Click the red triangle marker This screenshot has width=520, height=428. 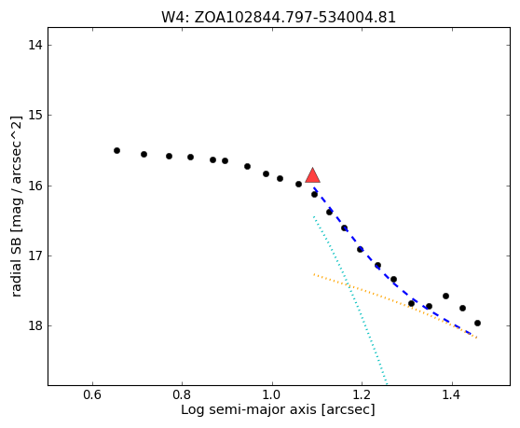pos(313,176)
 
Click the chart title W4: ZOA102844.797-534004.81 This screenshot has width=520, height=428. pos(279,18)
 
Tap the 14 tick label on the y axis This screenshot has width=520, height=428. pos(35,45)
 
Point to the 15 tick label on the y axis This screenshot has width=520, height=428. pos(35,115)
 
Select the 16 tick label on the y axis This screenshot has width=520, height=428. pos(35,186)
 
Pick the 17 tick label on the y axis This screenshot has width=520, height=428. pos(35,255)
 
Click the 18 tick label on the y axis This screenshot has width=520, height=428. pos(35,325)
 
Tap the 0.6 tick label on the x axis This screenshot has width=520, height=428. pos(92,395)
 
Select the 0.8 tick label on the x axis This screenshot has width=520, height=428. pos(183,395)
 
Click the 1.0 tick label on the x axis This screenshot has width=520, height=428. pos(272,395)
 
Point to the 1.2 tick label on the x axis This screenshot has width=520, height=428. pos(363,395)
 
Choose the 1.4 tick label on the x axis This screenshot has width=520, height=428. pos(452,395)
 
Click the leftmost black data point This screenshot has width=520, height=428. pos(116,151)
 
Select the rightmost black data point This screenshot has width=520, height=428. pos(477,324)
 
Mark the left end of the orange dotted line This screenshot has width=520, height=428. pos(314,274)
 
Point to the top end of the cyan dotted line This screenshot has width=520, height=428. pos(313,216)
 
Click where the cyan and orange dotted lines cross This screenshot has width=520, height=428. pos(348,284)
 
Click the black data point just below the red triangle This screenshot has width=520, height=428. pos(314,195)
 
